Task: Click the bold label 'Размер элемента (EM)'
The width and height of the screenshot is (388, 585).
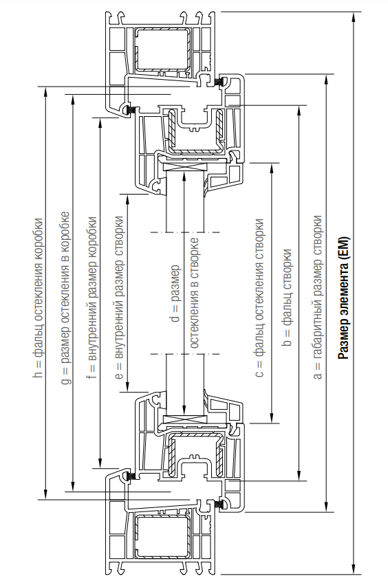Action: (343, 298)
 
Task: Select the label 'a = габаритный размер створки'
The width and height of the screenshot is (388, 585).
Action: (317, 296)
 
